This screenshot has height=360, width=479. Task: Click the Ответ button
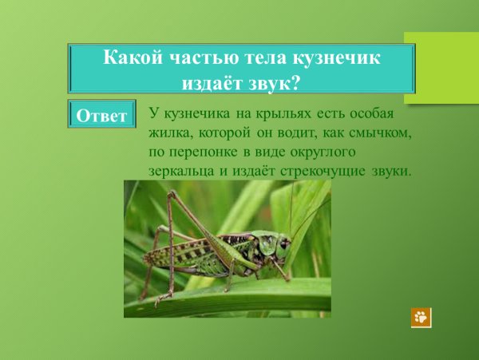[101, 116]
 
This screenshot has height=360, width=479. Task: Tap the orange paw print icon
[421, 317]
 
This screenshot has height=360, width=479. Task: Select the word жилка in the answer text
[168, 132]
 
